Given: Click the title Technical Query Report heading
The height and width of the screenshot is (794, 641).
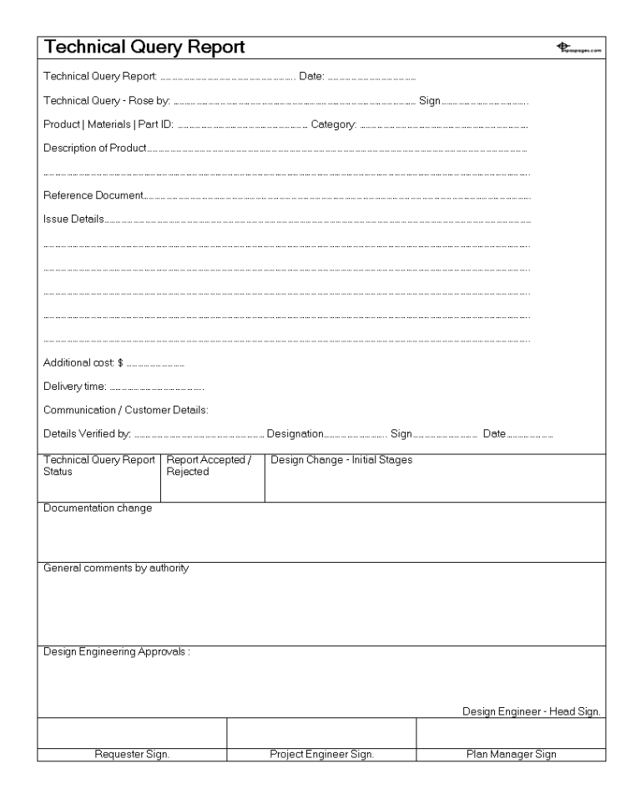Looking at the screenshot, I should click(144, 48).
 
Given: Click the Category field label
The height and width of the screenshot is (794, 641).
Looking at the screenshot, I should click(334, 125).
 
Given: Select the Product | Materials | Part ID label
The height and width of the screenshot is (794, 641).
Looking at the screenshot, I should click(109, 125).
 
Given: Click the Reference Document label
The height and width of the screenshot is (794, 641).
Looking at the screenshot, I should click(93, 196).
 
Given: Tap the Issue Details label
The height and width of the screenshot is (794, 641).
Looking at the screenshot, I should click(73, 220).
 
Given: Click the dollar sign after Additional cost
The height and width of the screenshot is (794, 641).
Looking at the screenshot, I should click(120, 363).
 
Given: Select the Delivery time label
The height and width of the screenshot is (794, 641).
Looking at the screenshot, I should click(74, 387).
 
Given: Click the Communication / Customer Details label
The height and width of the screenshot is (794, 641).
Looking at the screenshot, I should click(125, 410).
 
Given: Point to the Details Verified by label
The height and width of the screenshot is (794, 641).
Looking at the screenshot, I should click(87, 433).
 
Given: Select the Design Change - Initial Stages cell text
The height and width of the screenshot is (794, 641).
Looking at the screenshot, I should click(341, 460).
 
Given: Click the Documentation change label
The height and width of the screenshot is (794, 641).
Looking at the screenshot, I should click(98, 508).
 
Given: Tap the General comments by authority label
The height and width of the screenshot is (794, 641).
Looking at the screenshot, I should click(116, 569).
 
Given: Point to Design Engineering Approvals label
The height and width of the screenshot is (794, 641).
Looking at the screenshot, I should click(117, 652).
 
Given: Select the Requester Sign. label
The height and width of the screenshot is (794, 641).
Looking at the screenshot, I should click(132, 754).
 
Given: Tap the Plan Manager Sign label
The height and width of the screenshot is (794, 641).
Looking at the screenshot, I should click(511, 754).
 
